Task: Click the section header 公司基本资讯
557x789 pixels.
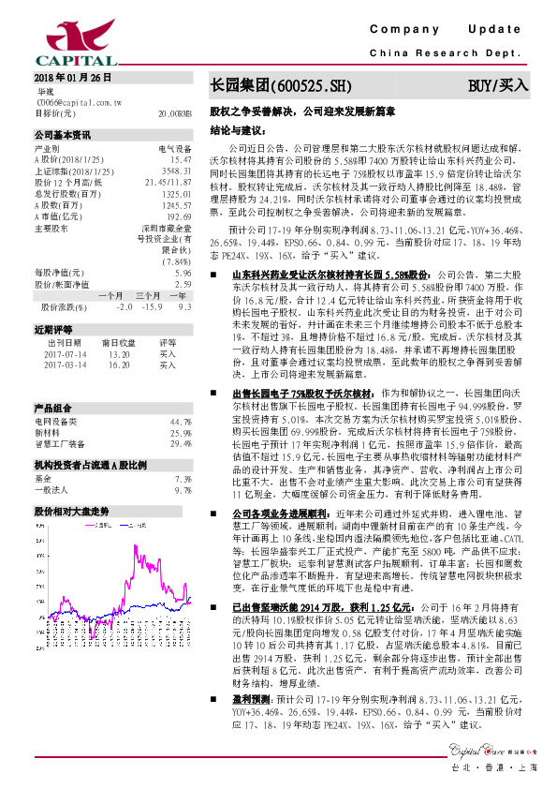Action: tap(63, 134)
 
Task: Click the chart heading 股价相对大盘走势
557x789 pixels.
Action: tap(72, 512)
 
